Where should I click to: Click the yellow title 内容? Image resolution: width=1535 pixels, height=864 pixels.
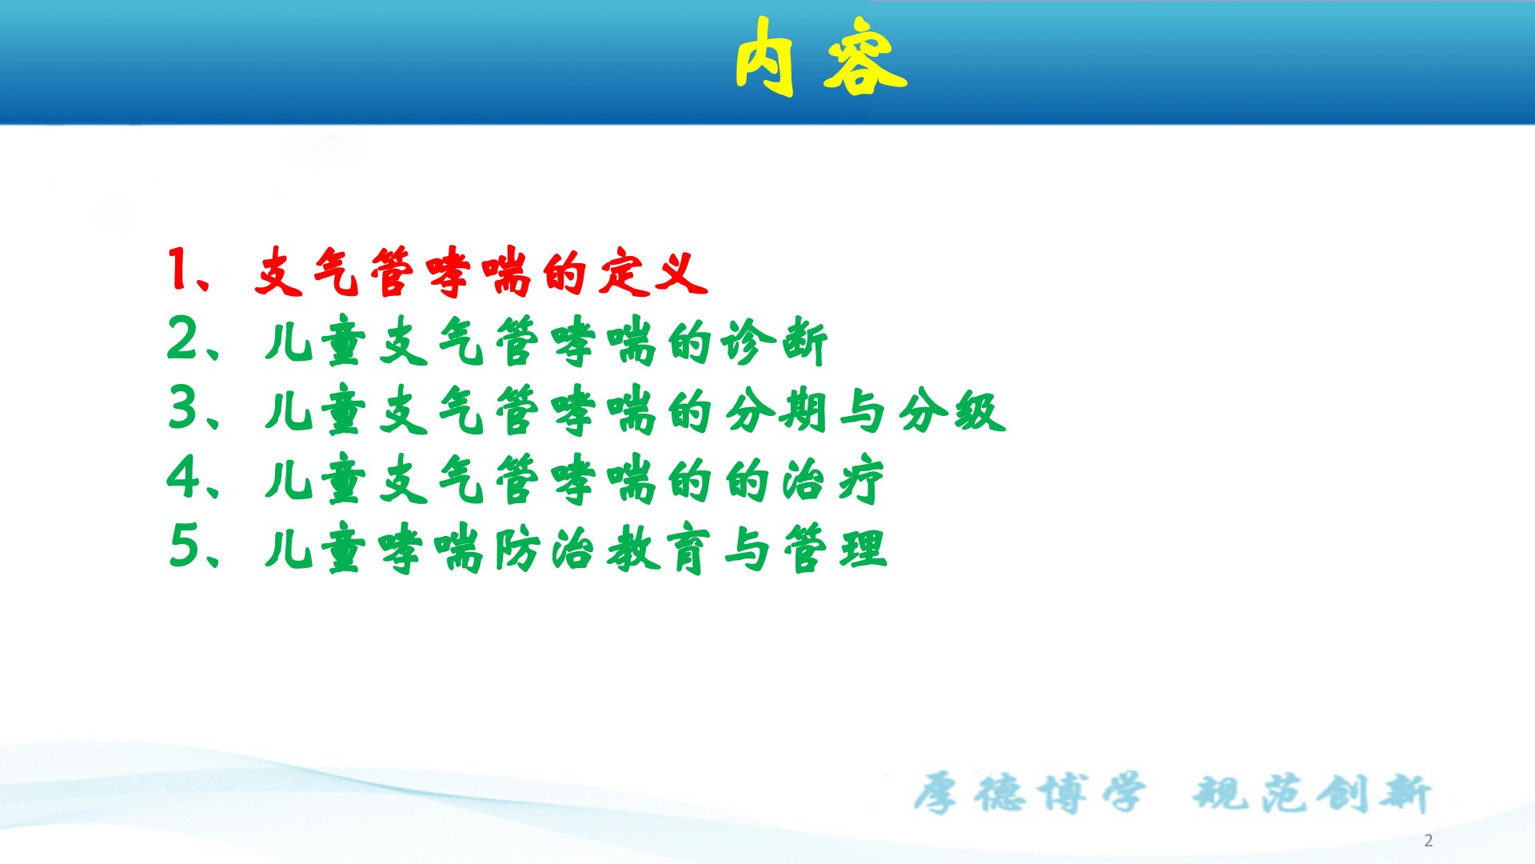821,57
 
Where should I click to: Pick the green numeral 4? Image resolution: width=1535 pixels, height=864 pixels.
182,477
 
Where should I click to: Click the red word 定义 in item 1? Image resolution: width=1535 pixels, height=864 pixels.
653,272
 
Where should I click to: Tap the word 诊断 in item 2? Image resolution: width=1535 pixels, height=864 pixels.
774,342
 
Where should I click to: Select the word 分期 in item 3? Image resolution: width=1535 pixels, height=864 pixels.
775,411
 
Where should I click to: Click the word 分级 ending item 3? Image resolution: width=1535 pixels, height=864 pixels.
951,411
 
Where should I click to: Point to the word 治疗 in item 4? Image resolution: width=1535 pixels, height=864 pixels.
832,481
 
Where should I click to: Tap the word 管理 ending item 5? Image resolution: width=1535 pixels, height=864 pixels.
835,550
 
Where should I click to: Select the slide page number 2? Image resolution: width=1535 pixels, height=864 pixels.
1428,841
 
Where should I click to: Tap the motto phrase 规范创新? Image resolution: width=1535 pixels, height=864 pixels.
1312,793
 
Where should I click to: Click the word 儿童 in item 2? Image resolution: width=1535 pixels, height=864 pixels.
315,342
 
